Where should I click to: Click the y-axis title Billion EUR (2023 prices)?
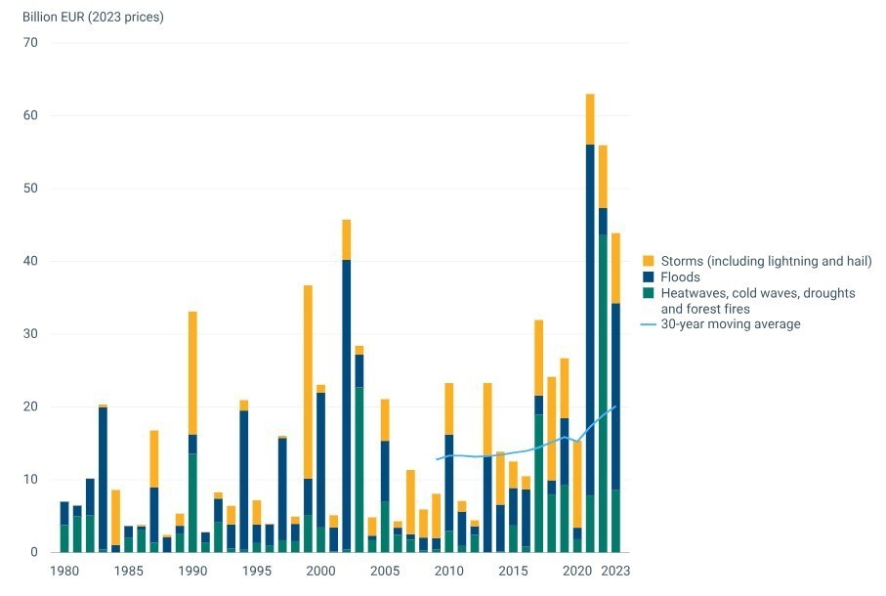(x=93, y=17)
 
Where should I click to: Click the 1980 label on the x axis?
(x=64, y=571)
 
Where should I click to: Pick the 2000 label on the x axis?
(x=320, y=571)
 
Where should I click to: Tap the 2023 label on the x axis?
(x=615, y=571)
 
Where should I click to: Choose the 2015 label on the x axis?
(x=513, y=571)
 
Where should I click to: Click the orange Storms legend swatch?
(x=648, y=261)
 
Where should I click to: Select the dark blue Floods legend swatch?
(x=648, y=277)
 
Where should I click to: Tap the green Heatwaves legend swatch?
(x=648, y=293)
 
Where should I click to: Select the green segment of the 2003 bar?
(x=359, y=469)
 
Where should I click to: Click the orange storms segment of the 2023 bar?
(x=615, y=268)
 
